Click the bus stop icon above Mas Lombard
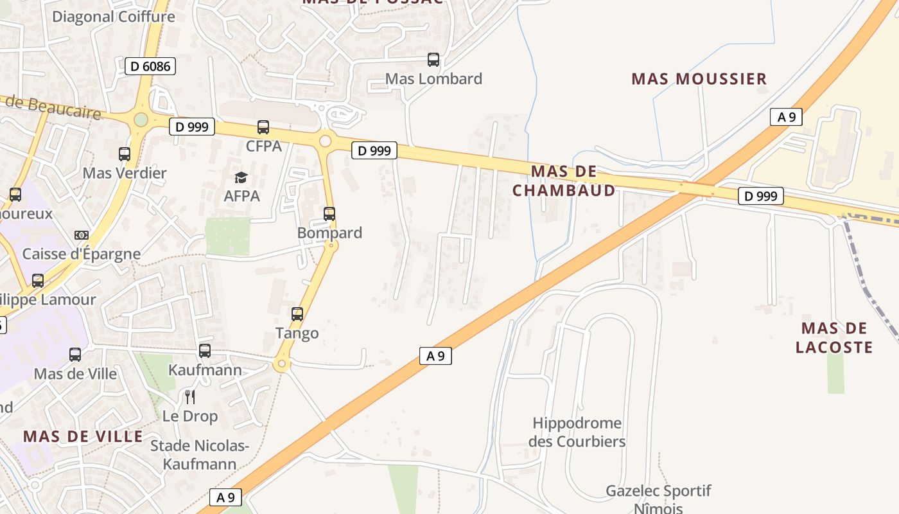[x=433, y=60]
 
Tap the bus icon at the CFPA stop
[x=263, y=127]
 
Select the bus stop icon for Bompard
[x=329, y=213]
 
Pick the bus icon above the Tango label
[x=297, y=314]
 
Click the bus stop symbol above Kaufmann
[x=205, y=351]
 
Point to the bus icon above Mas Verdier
[x=125, y=154]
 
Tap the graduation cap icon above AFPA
[x=241, y=177]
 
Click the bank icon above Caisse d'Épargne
[x=82, y=235]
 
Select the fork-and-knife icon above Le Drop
[x=189, y=396]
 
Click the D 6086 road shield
[x=150, y=66]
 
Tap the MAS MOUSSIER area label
[x=699, y=79]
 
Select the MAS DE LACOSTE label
[x=834, y=338]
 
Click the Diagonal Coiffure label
[x=114, y=17]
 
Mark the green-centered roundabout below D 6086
[x=141, y=120]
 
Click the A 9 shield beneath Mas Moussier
[x=786, y=117]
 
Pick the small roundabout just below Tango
[x=281, y=365]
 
